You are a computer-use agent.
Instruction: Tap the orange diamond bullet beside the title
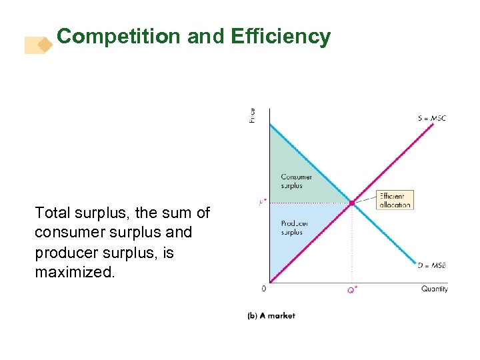45,45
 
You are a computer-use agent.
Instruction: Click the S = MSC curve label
432,119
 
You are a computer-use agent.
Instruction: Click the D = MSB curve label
432,265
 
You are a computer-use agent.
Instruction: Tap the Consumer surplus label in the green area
296,181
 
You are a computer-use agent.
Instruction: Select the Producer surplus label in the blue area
294,228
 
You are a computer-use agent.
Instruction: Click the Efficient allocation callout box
394,200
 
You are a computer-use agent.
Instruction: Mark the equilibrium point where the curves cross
352,203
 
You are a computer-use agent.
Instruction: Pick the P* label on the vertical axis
262,202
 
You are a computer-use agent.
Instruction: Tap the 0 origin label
264,289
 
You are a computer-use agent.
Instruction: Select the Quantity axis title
435,289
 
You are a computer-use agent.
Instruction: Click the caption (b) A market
271,315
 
